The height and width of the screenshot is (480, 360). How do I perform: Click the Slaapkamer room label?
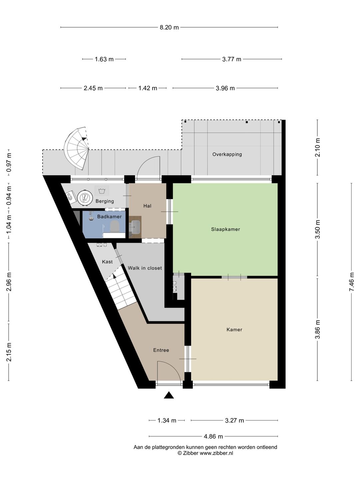click(x=225, y=229)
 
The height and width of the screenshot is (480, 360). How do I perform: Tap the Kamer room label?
click(x=234, y=330)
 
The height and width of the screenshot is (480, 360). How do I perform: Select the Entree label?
click(x=161, y=350)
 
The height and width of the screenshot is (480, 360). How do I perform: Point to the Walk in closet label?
click(x=145, y=268)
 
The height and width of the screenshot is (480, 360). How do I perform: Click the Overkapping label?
click(x=227, y=154)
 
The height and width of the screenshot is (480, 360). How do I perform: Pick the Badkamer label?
click(x=109, y=216)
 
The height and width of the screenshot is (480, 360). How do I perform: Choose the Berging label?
click(x=105, y=201)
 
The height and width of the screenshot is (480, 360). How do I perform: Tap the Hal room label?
click(x=147, y=206)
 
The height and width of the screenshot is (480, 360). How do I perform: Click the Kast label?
click(x=107, y=262)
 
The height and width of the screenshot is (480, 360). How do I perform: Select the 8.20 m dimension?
click(x=169, y=27)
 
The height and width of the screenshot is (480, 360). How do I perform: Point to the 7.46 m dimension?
click(x=351, y=282)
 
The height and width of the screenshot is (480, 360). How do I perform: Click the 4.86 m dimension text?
click(x=213, y=436)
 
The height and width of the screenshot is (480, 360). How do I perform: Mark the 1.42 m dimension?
click(x=148, y=88)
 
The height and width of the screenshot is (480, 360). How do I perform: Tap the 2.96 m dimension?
click(x=9, y=282)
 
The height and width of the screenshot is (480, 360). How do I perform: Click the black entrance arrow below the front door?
click(x=169, y=395)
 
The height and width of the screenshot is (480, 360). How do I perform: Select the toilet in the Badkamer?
click(x=114, y=226)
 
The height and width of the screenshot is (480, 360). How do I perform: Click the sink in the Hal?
click(x=135, y=227)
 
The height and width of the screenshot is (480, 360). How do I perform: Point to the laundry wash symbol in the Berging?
click(x=102, y=191)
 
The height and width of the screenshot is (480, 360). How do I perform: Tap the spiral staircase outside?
click(x=77, y=148)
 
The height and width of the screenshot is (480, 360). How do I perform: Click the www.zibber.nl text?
click(x=216, y=453)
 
